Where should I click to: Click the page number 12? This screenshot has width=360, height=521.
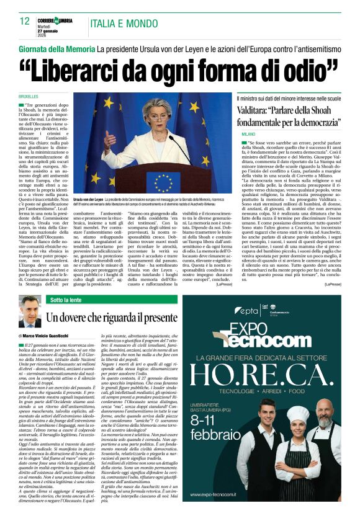pos(24,21)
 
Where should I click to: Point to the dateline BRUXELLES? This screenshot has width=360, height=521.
pos(29,97)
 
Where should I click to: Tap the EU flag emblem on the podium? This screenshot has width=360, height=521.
pos(164,180)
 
